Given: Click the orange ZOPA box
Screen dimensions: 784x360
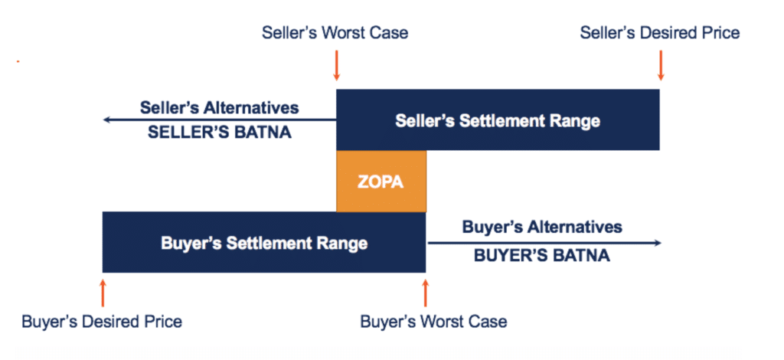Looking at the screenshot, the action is click(x=381, y=181).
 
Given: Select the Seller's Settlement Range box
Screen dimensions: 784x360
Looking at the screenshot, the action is click(x=498, y=120).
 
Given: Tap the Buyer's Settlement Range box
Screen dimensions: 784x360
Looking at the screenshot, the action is click(x=264, y=242).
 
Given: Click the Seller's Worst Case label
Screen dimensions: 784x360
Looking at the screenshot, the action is click(x=335, y=33).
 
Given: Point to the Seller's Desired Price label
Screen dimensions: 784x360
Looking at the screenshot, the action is click(x=660, y=33).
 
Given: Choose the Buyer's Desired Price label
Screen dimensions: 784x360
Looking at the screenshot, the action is click(x=102, y=321).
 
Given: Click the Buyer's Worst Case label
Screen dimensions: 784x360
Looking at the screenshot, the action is click(x=433, y=321).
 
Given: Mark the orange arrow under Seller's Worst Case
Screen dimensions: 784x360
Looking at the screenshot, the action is click(x=337, y=65).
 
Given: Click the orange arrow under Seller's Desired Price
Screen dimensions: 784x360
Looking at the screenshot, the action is click(x=661, y=65).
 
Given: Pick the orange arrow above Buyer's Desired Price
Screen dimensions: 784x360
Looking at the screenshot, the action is click(x=103, y=293).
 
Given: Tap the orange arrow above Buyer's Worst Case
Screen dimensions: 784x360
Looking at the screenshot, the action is click(x=426, y=293).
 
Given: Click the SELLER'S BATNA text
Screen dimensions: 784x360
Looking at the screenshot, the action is click(x=220, y=133).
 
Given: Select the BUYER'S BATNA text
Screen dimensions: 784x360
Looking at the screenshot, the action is click(x=542, y=256).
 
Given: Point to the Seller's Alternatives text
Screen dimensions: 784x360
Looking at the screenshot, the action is click(x=220, y=107).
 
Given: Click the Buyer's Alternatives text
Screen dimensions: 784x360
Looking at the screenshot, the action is click(x=543, y=227).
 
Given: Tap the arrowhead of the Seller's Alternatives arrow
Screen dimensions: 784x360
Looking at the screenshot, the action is click(x=106, y=120).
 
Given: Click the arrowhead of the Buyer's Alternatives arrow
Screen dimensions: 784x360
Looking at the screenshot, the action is click(x=658, y=243).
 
